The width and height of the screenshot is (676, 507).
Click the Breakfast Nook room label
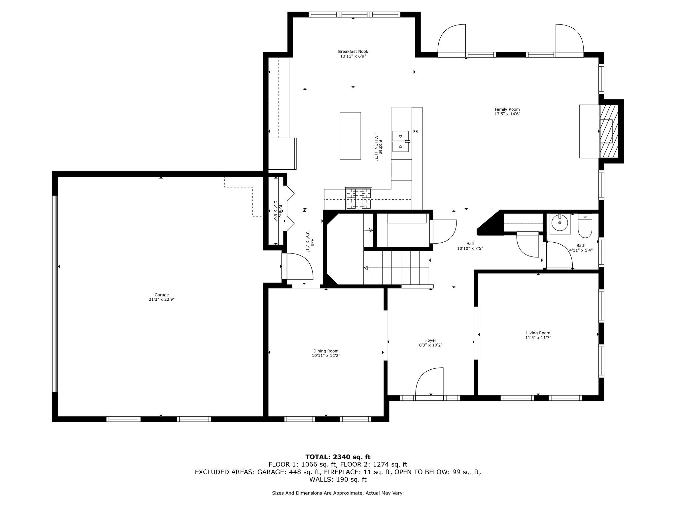click(x=353, y=51)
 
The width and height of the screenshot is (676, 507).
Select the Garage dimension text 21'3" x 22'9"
click(x=161, y=299)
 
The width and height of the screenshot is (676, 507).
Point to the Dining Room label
click(x=326, y=351)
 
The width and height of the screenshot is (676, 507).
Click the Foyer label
click(x=431, y=340)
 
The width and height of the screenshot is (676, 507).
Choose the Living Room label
click(x=538, y=333)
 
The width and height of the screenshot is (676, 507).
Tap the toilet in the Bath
click(x=585, y=226)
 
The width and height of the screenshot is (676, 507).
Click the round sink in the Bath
click(x=560, y=223)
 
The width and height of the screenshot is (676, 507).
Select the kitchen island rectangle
click(x=350, y=136)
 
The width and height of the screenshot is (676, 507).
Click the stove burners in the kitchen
click(x=358, y=198)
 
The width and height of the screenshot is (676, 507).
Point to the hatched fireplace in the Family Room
click(x=608, y=131)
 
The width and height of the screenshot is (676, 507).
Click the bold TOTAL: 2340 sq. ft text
click(x=338, y=457)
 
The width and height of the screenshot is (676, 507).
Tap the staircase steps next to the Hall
click(x=396, y=267)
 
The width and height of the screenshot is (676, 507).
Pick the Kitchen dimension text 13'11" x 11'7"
click(x=376, y=147)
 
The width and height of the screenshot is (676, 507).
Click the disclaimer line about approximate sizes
click(x=338, y=493)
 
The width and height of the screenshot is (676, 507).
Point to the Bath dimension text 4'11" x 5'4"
click(x=581, y=250)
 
